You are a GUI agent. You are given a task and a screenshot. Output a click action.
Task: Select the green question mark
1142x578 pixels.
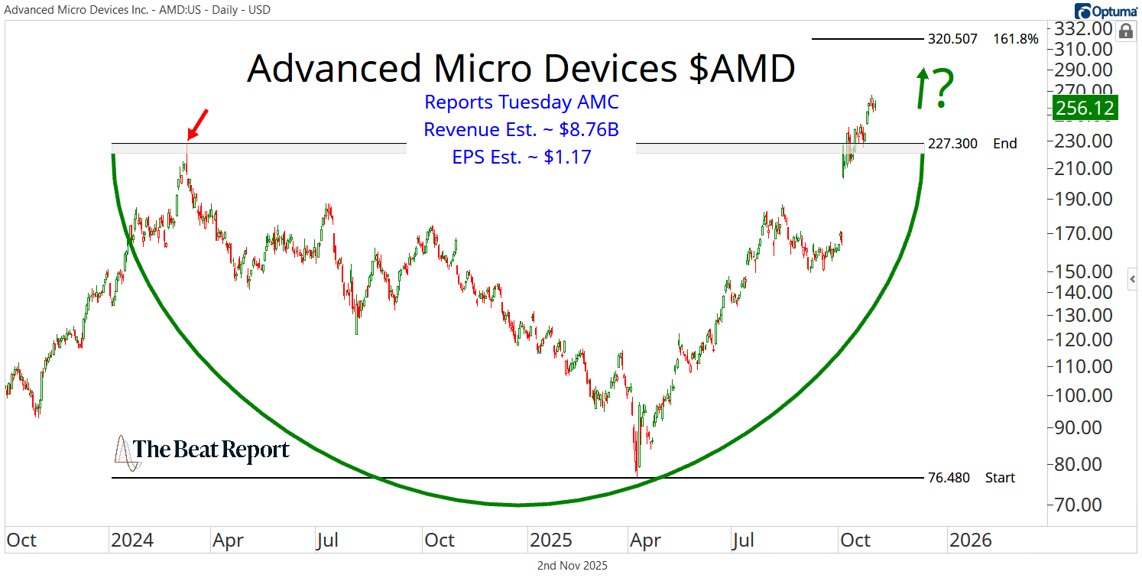point(944,88)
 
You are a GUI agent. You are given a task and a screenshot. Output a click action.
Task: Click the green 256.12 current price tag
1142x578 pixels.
point(1085,108)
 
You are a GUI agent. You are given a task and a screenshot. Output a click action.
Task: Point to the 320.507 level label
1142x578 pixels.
point(952,39)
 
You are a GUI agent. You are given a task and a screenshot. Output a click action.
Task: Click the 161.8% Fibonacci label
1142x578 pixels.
point(1016,39)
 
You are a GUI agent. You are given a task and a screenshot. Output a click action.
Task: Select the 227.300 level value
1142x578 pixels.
point(952,144)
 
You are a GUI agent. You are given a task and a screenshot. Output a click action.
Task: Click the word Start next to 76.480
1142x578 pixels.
point(1000,478)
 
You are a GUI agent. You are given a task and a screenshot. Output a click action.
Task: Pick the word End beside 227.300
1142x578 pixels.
point(1005,144)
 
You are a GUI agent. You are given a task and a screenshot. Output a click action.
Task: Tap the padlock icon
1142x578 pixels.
point(1125,31)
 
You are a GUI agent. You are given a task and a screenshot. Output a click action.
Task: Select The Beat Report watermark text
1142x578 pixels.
point(211,450)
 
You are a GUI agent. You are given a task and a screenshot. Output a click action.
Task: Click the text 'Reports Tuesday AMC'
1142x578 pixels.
point(521,102)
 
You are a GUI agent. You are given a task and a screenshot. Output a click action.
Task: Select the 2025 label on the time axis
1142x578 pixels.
point(551,541)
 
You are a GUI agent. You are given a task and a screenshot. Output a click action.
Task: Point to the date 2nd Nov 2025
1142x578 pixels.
point(572,566)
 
